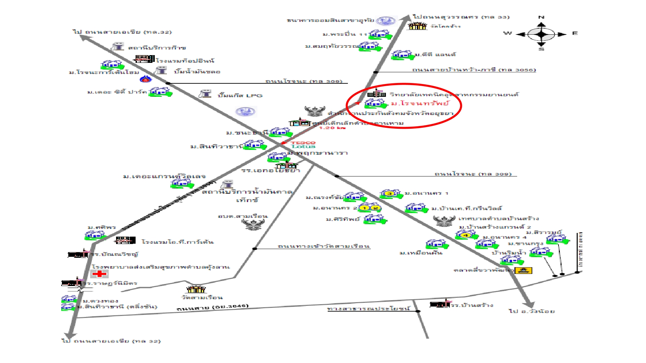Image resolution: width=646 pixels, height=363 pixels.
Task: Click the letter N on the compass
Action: tap(541, 17)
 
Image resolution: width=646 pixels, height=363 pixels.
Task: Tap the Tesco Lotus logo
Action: tap(303, 145)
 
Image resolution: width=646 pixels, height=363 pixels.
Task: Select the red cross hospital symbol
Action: tap(100, 274)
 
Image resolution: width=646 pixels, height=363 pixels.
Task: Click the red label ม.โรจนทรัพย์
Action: tap(420, 103)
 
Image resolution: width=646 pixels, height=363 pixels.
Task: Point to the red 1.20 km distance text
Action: tap(332, 128)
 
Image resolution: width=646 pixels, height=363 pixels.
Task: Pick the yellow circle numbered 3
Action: tap(390, 194)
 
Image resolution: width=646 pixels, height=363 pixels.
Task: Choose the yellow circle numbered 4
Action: tap(466, 235)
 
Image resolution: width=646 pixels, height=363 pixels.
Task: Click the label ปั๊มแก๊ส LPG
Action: tap(240, 95)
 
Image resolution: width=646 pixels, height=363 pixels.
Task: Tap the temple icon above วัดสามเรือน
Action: tap(196, 289)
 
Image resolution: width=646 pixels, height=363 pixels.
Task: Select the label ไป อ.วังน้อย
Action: tap(532, 311)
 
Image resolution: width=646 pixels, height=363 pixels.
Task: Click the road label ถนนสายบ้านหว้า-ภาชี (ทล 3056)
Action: tap(474, 70)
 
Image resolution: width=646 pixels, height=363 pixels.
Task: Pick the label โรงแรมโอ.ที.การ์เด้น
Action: tap(177, 242)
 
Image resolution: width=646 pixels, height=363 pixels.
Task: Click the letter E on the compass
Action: tap(575, 33)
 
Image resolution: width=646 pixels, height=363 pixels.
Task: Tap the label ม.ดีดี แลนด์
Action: tap(435, 54)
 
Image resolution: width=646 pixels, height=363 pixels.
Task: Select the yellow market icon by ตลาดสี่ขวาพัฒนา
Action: tap(523, 270)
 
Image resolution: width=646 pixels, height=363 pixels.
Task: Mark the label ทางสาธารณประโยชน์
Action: tap(369, 309)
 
